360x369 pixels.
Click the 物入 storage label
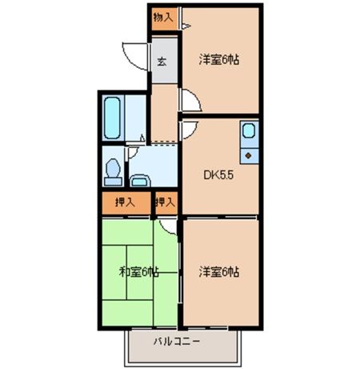click(x=162, y=17)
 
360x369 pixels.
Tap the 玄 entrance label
click(x=162, y=61)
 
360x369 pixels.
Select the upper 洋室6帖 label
click(x=219, y=58)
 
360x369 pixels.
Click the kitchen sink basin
click(x=248, y=130)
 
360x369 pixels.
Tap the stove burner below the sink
click(x=249, y=153)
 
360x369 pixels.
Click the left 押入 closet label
click(x=124, y=204)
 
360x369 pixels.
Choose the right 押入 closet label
click(x=166, y=204)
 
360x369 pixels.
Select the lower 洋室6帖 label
click(x=219, y=272)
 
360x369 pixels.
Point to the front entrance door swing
click(x=136, y=53)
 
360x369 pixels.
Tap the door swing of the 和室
click(x=166, y=227)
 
